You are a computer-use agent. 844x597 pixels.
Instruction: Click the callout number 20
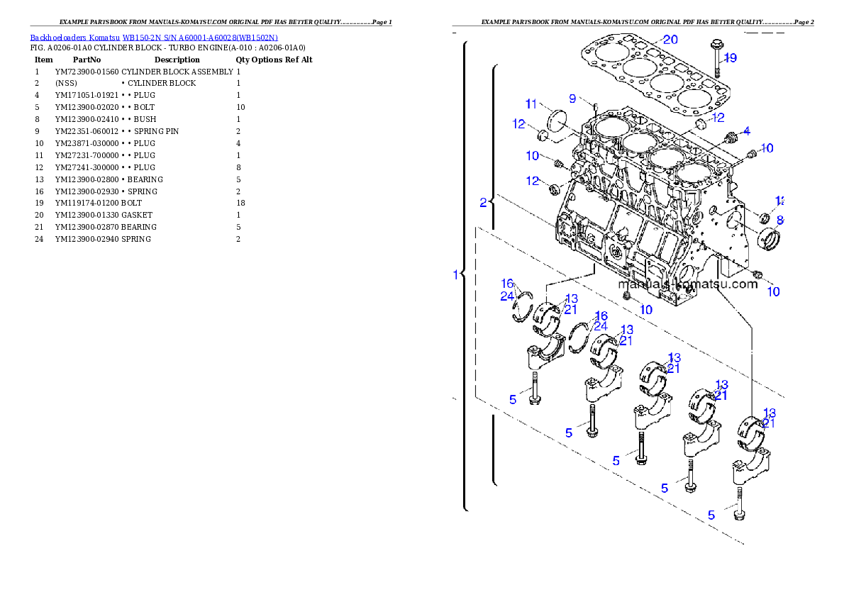670,40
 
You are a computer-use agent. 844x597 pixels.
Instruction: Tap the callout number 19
731,58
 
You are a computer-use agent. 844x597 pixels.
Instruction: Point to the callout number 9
572,99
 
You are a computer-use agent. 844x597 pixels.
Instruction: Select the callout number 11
532,104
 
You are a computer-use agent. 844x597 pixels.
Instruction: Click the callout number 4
746,131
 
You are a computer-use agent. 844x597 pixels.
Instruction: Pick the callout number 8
779,220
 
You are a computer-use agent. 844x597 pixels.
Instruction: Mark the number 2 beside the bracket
483,203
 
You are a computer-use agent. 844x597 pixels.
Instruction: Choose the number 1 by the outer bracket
456,274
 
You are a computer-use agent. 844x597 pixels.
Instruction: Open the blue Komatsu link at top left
154,37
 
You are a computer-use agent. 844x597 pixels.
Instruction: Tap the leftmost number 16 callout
507,284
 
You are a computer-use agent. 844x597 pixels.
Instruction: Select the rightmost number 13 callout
769,413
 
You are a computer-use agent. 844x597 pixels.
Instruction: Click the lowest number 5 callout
711,515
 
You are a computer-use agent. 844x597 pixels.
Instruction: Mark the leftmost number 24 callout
506,296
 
